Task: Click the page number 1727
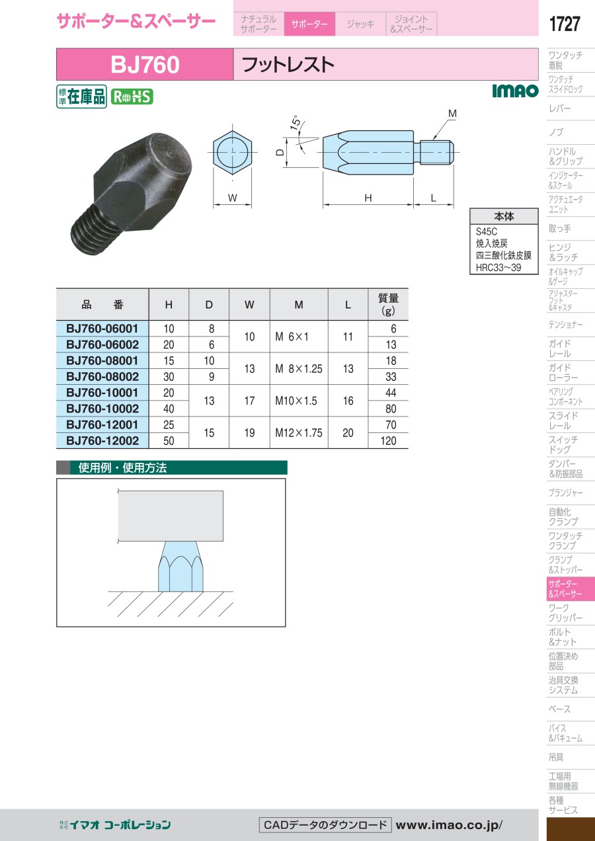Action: pyautogui.click(x=565, y=24)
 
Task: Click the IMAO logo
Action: pyautogui.click(x=515, y=91)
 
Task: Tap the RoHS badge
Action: pyautogui.click(x=132, y=97)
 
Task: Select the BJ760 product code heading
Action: pyautogui.click(x=145, y=64)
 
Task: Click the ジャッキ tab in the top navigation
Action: pyautogui.click(x=360, y=24)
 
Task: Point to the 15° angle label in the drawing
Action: pyautogui.click(x=296, y=122)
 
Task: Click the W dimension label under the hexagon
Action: pyautogui.click(x=232, y=198)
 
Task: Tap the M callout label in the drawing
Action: pyautogui.click(x=452, y=113)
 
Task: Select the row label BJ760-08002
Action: pyautogui.click(x=102, y=376)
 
